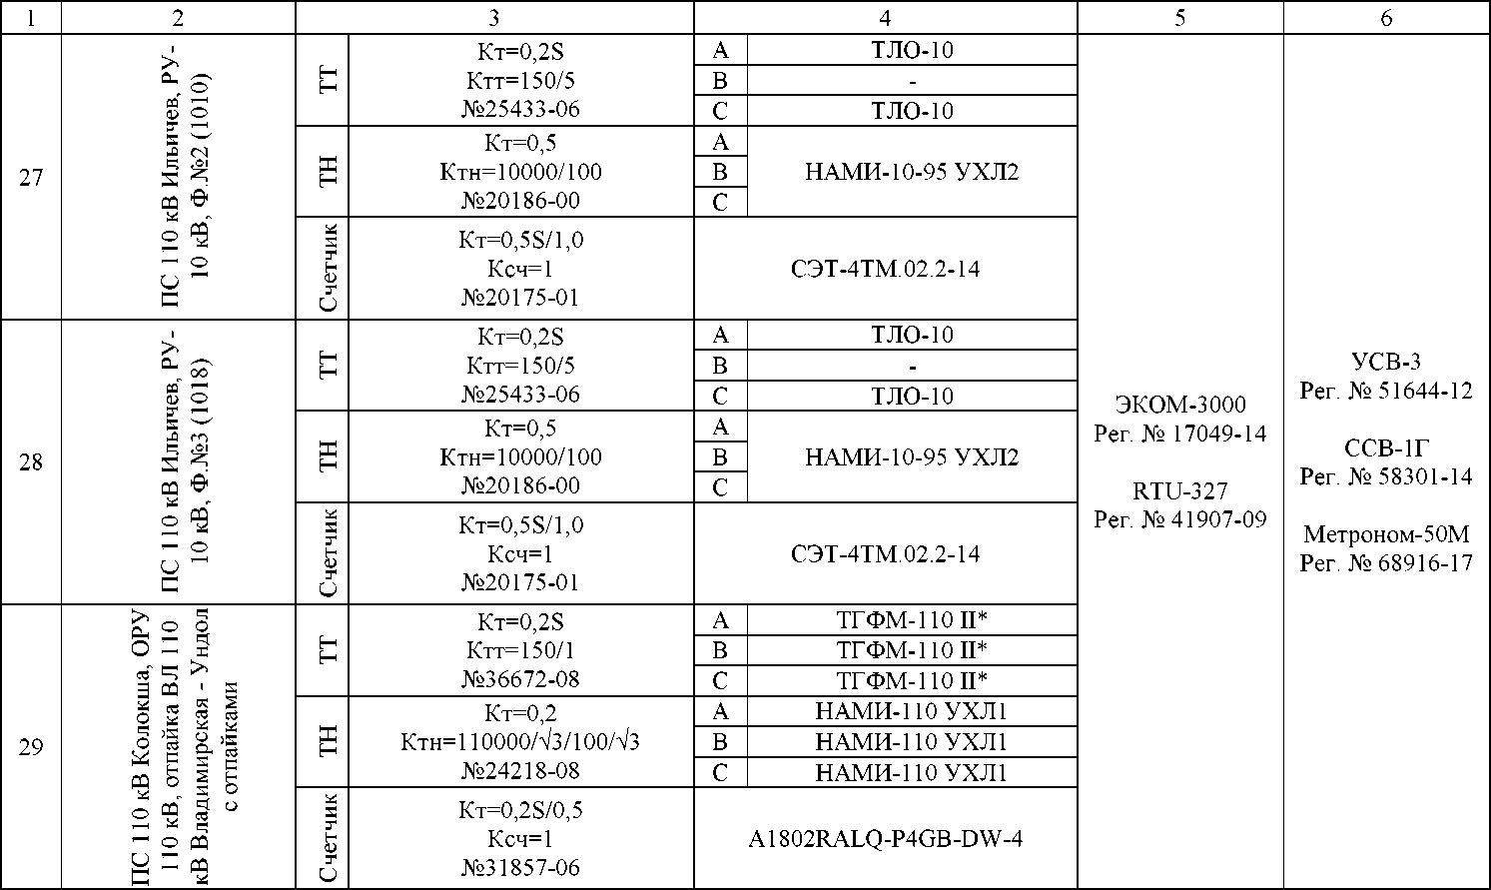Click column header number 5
click(1180, 17)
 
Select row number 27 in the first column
click(31, 178)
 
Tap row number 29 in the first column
click(31, 747)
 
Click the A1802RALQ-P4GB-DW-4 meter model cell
click(885, 839)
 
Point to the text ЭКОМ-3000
click(1180, 405)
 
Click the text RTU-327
click(1180, 491)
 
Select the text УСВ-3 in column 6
click(1386, 362)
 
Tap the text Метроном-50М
click(1386, 534)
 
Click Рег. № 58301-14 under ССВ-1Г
click(1386, 477)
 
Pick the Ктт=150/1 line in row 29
click(520, 650)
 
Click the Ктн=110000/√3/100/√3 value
click(520, 742)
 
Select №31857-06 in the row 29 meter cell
click(520, 868)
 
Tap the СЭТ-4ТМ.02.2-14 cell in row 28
click(885, 553)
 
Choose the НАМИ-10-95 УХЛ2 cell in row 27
click(912, 172)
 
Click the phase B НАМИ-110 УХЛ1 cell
click(912, 742)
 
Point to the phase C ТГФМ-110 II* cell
click(912, 681)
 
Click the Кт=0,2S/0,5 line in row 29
click(520, 810)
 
